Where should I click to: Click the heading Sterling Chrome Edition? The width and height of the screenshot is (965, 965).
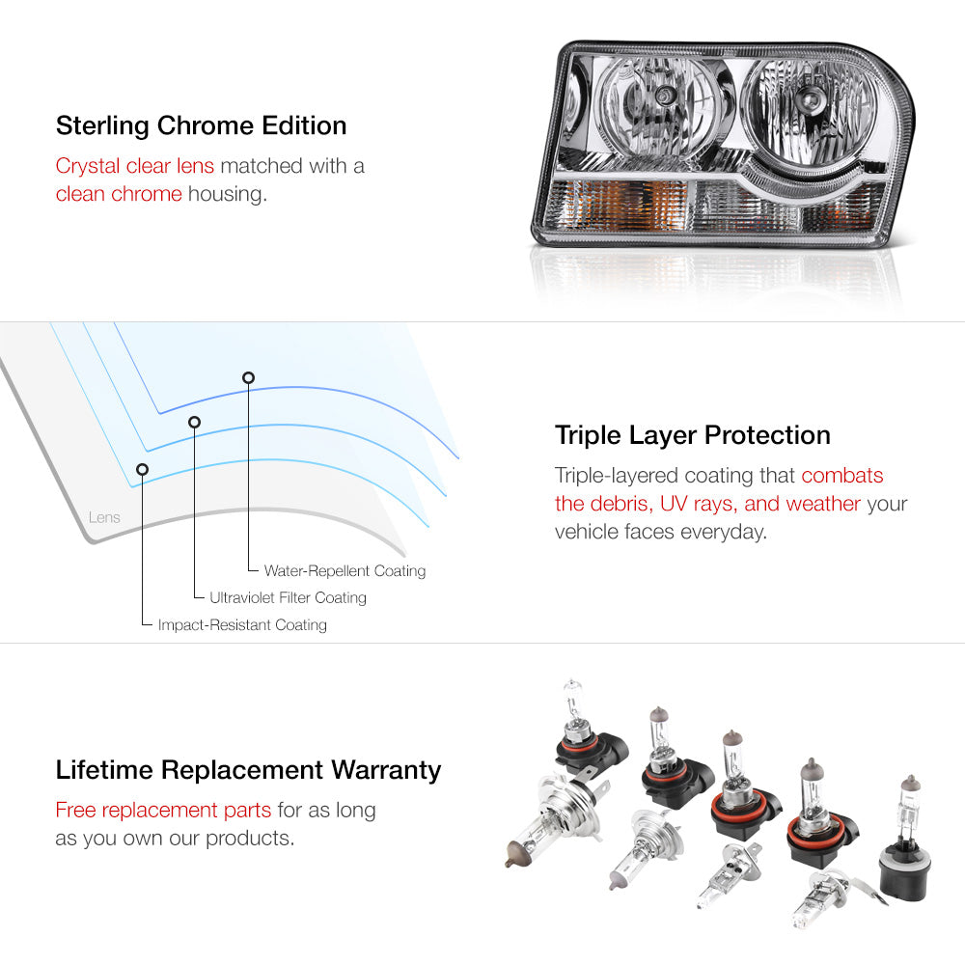pos(202,125)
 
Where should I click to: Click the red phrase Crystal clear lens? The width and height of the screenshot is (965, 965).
pos(135,166)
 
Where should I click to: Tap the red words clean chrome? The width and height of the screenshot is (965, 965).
pos(119,194)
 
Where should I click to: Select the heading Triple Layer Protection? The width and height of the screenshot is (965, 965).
pos(692,436)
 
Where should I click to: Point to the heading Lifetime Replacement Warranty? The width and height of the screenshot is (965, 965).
pos(248,770)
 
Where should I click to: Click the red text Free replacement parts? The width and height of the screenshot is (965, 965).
pos(163,810)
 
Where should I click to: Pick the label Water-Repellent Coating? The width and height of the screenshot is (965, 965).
pos(345,571)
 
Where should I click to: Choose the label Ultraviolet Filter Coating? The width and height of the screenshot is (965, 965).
pos(288,597)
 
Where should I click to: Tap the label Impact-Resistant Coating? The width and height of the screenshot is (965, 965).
pos(242,625)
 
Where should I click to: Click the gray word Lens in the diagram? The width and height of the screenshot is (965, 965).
pos(104,517)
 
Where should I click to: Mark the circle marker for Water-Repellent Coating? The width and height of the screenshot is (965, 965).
pos(248,378)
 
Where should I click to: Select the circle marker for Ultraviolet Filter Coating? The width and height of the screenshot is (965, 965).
pos(195,423)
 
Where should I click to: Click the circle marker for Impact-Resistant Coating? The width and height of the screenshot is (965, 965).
pos(142,470)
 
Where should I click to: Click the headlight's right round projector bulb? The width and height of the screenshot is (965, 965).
pos(805,97)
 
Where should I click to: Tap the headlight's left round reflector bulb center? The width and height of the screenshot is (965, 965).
pos(664,95)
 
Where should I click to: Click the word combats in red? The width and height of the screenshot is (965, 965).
pos(841,476)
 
